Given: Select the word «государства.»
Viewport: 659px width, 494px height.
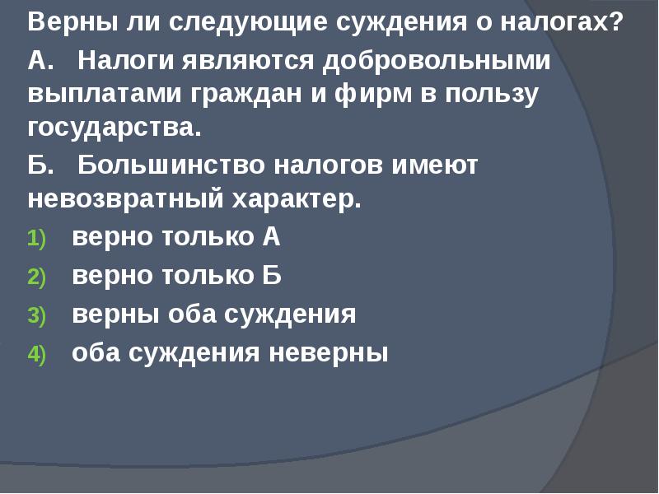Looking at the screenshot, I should point(115,129).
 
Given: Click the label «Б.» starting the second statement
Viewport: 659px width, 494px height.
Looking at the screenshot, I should point(41,165).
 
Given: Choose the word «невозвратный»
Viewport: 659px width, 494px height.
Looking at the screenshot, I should point(118,200).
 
